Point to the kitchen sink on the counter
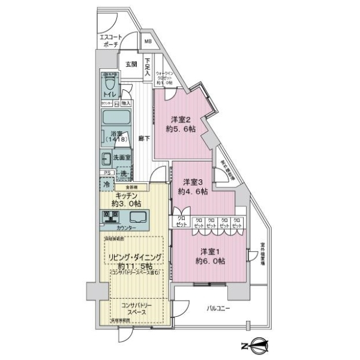[137, 217]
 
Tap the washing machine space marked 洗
[123, 174]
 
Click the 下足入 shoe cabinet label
[147, 66]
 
